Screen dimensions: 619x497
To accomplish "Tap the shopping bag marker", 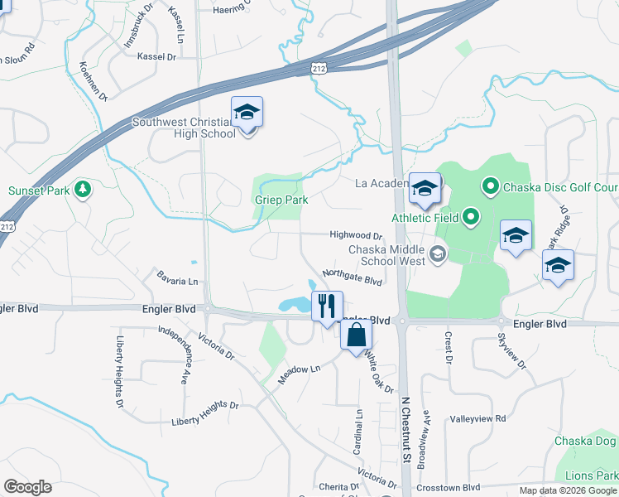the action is point(356,335).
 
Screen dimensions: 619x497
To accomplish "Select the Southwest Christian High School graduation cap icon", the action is point(247,112).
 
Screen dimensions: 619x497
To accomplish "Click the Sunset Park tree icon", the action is point(83,190).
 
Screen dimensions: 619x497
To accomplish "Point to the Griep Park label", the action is point(281,200).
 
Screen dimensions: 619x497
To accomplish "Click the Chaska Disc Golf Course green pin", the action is point(489,187).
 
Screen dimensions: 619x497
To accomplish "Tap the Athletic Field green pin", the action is point(472,218).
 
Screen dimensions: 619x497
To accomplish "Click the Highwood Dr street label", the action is point(356,236).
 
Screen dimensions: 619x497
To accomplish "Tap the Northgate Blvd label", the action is point(351,277).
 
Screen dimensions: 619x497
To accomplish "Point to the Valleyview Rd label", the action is point(477,419).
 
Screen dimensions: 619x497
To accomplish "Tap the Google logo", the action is point(27,487).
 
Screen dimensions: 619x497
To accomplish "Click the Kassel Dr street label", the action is point(160,57).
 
